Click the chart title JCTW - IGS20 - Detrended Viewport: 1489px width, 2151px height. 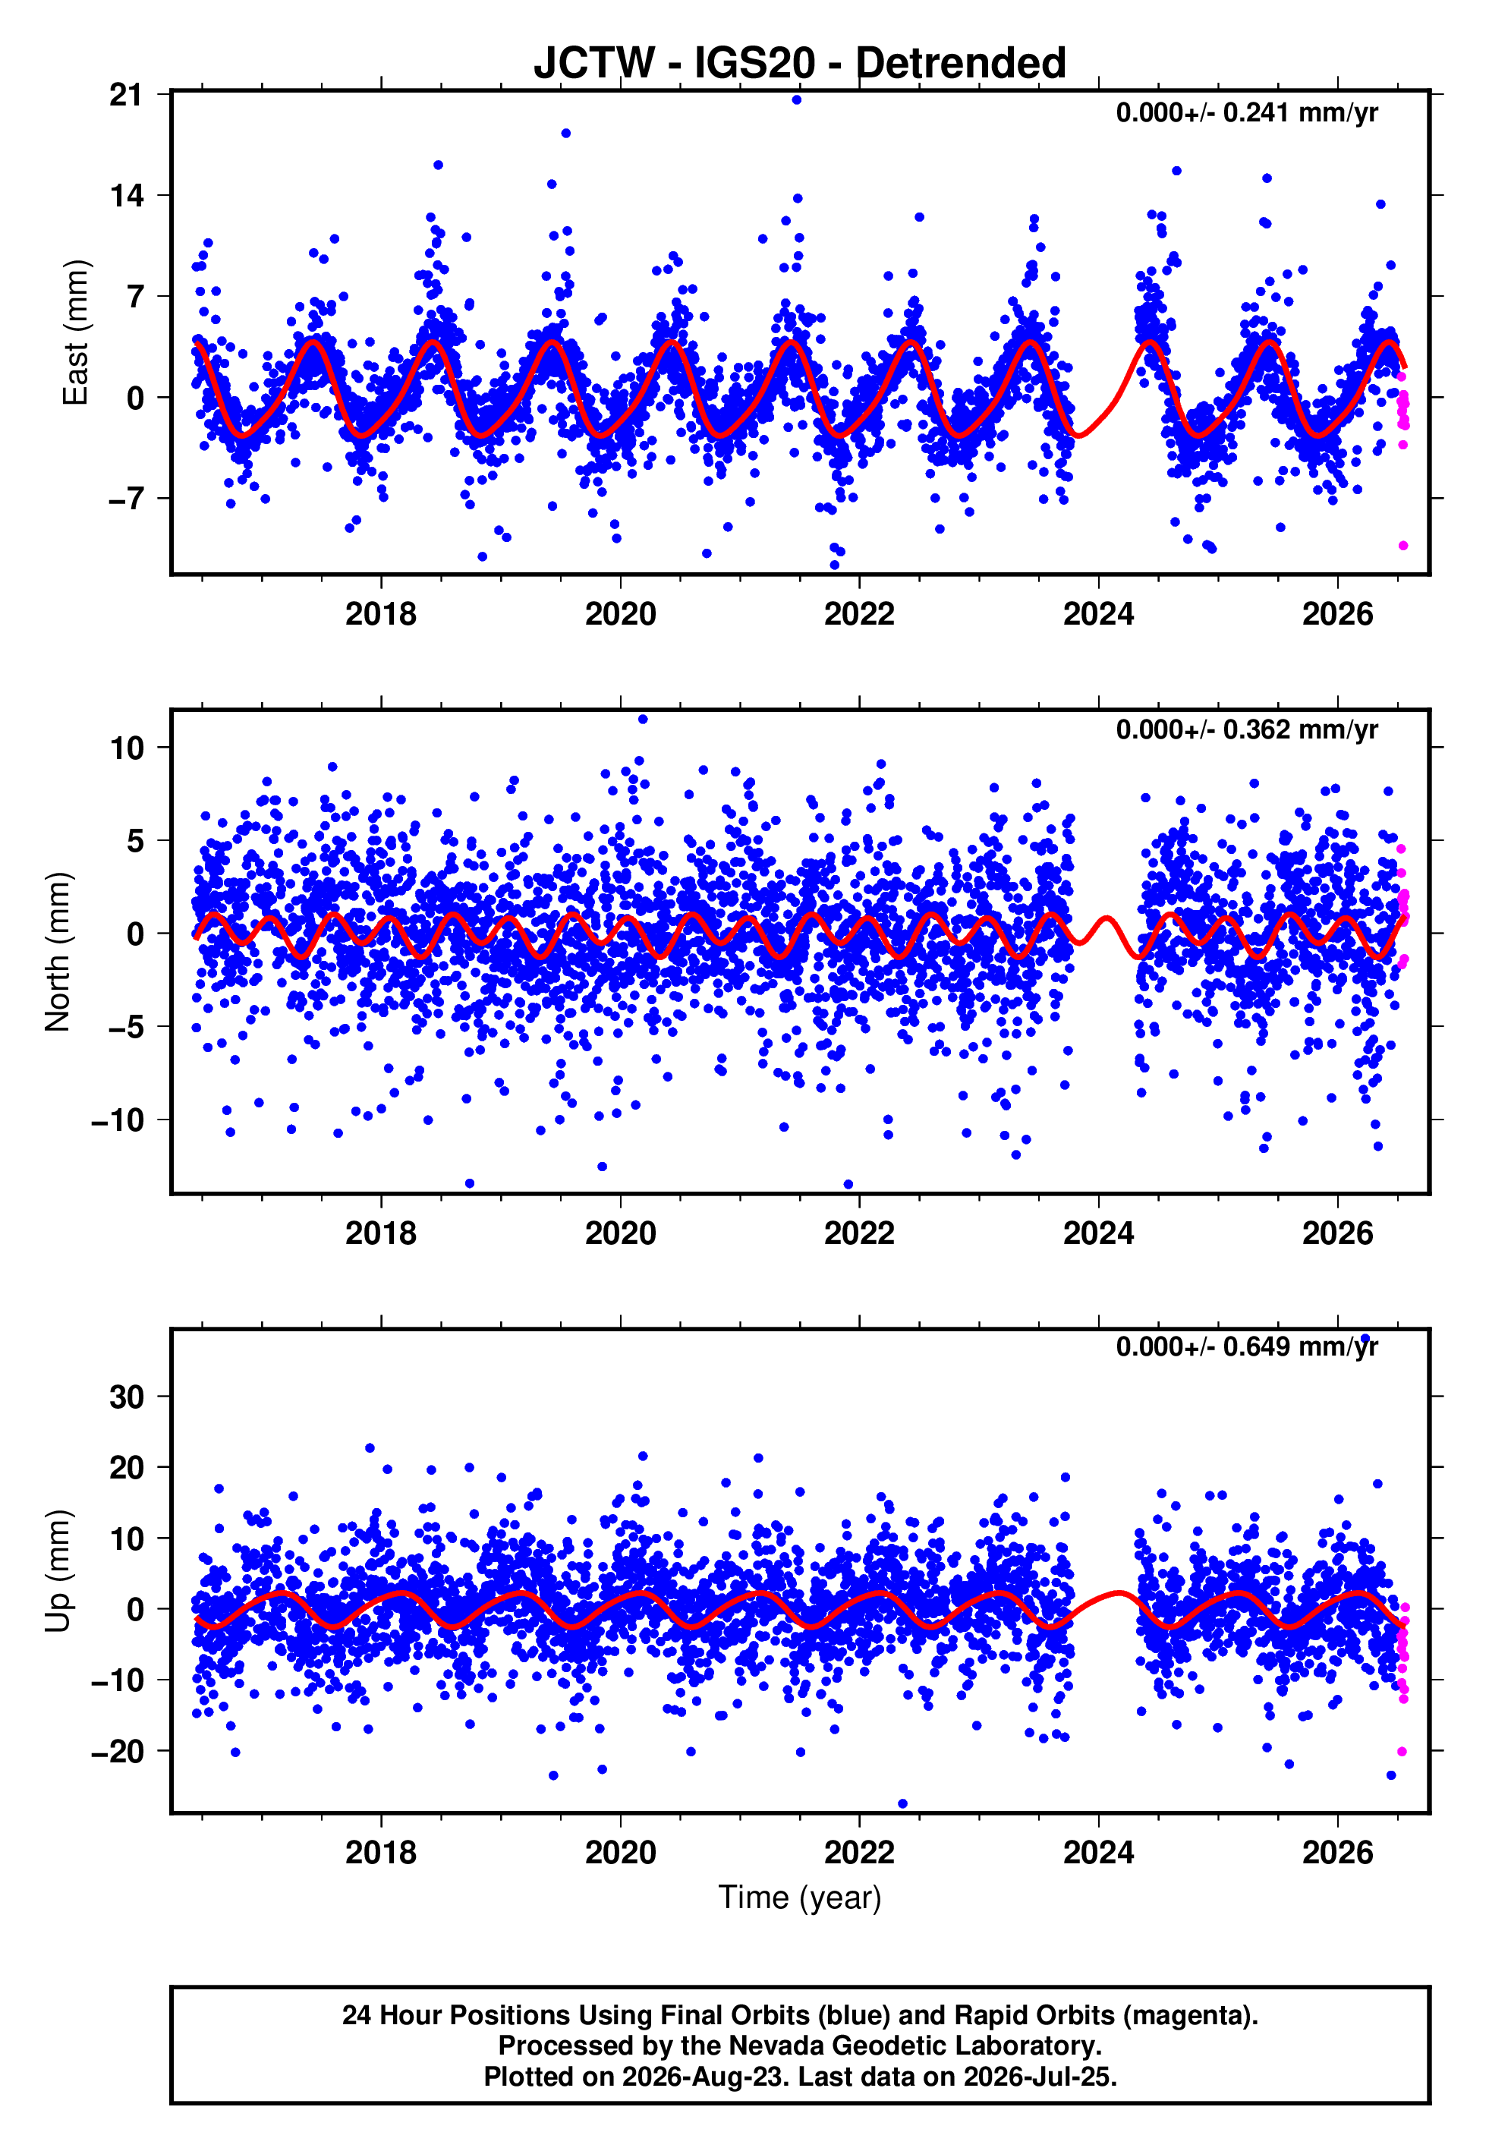(x=800, y=62)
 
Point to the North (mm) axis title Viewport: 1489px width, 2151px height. (x=58, y=952)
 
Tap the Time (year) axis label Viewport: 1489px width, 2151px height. (x=800, y=1898)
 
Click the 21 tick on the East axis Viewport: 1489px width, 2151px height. (x=126, y=94)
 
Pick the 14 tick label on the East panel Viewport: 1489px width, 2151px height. (x=126, y=195)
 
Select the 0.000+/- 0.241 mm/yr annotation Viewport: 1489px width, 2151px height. (x=1246, y=113)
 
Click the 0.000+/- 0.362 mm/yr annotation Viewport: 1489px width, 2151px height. (x=1246, y=730)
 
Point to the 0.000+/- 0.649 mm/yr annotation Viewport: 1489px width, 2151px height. (x=1246, y=1347)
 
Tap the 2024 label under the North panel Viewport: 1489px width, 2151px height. (x=1098, y=1233)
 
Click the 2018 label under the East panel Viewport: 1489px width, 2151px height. (x=381, y=614)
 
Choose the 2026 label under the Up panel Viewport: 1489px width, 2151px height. (x=1338, y=1852)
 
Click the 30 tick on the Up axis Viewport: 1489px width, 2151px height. (x=126, y=1397)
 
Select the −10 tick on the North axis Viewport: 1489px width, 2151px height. (x=118, y=1120)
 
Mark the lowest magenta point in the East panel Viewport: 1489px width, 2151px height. (x=1403, y=546)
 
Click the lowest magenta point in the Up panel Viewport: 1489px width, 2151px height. (x=1402, y=1752)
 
